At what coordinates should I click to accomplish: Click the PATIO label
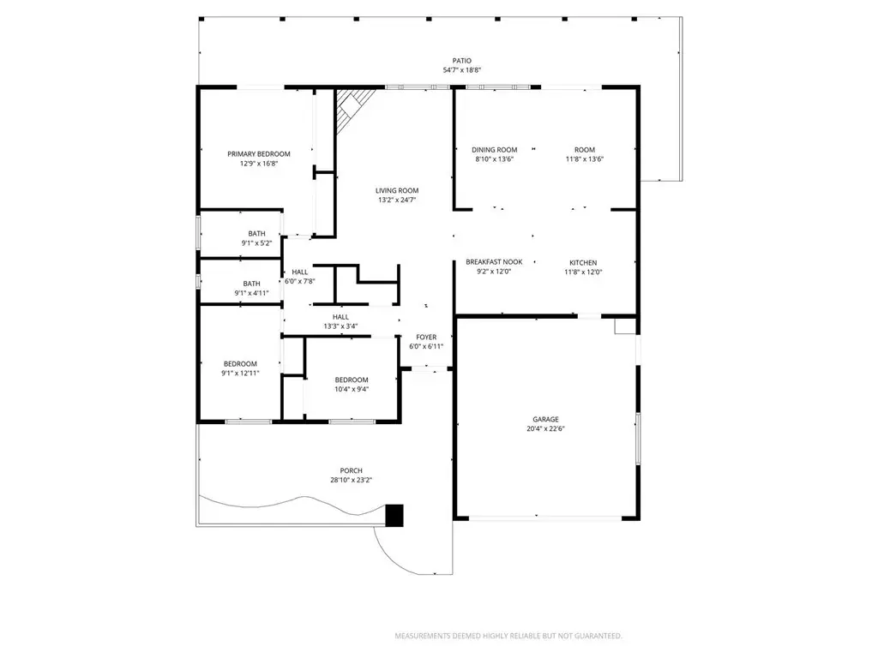(462, 61)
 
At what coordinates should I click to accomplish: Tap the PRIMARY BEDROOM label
(259, 154)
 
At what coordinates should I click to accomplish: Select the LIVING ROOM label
(397, 190)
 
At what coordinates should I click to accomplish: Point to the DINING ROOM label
(495, 149)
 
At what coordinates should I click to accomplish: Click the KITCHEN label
(583, 262)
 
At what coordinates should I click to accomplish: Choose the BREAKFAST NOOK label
(494, 262)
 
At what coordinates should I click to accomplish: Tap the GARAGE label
(545, 419)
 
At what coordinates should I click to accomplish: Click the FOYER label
(426, 337)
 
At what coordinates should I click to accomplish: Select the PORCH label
(351, 470)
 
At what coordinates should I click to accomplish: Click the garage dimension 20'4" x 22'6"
(545, 428)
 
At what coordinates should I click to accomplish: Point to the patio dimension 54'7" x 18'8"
(462, 70)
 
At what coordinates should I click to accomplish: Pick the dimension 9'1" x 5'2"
(256, 242)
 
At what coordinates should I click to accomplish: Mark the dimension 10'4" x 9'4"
(352, 390)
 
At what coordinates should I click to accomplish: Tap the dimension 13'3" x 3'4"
(340, 326)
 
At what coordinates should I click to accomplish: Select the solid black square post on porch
(394, 515)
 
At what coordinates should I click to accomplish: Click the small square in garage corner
(625, 326)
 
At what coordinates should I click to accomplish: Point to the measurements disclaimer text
(508, 636)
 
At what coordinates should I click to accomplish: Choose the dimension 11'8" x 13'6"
(585, 159)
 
